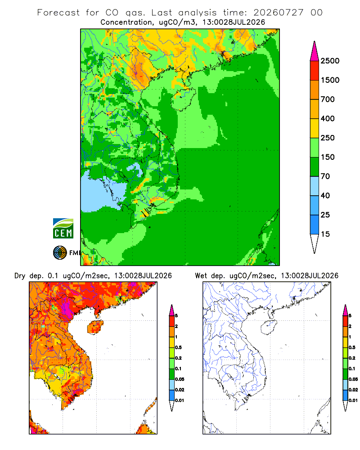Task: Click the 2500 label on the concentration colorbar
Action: [x=330, y=61]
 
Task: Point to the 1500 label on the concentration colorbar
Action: [x=330, y=80]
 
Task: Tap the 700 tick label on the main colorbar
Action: [x=328, y=99]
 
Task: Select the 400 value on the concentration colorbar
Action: [x=328, y=118]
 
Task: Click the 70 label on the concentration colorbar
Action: [x=325, y=176]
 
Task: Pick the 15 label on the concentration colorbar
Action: [x=325, y=234]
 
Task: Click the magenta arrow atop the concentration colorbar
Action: [x=315, y=51]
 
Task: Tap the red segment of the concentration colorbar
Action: [x=315, y=71]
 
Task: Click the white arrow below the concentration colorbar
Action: [x=315, y=243]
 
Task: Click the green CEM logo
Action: [x=63, y=229]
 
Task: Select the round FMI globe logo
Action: [x=60, y=253]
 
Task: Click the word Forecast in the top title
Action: [x=58, y=13]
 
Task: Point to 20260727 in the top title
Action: [x=278, y=13]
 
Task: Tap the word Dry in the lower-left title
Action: [x=20, y=276]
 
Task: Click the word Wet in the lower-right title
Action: [x=201, y=276]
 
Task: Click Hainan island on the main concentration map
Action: [x=183, y=99]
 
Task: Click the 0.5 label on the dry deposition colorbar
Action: [x=178, y=347]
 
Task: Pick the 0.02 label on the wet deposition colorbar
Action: [x=353, y=390]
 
